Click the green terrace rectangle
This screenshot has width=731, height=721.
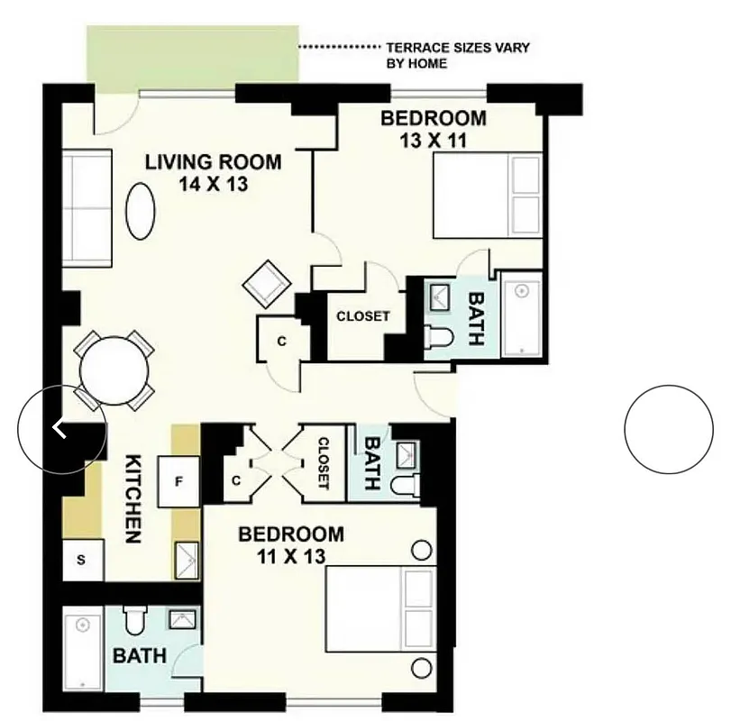pos(192,58)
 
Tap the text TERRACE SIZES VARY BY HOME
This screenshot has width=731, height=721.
pos(457,56)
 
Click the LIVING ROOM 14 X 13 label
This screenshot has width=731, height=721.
pos(213,173)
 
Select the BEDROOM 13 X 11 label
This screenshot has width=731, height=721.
pos(433,129)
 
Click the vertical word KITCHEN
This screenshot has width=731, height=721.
pos(132,497)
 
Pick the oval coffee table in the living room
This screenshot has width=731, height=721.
pos(140,212)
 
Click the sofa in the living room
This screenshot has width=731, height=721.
pos(87,207)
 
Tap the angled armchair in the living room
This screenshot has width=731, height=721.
pos(267,283)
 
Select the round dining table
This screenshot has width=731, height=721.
pos(114,370)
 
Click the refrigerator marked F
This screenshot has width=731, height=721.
pos(178,481)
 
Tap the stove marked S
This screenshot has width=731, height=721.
pos(81,561)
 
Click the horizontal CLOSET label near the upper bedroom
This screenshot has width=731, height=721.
pos(362,316)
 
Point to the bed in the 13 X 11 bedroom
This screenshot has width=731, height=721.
pos(487,195)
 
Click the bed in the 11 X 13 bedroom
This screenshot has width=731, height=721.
pos(379,608)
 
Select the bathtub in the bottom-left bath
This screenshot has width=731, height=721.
pos(83,648)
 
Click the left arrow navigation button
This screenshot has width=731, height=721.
pos(60,429)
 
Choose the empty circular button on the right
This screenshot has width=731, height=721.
pos(668,429)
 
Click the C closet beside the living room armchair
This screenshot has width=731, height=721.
pos(282,342)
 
